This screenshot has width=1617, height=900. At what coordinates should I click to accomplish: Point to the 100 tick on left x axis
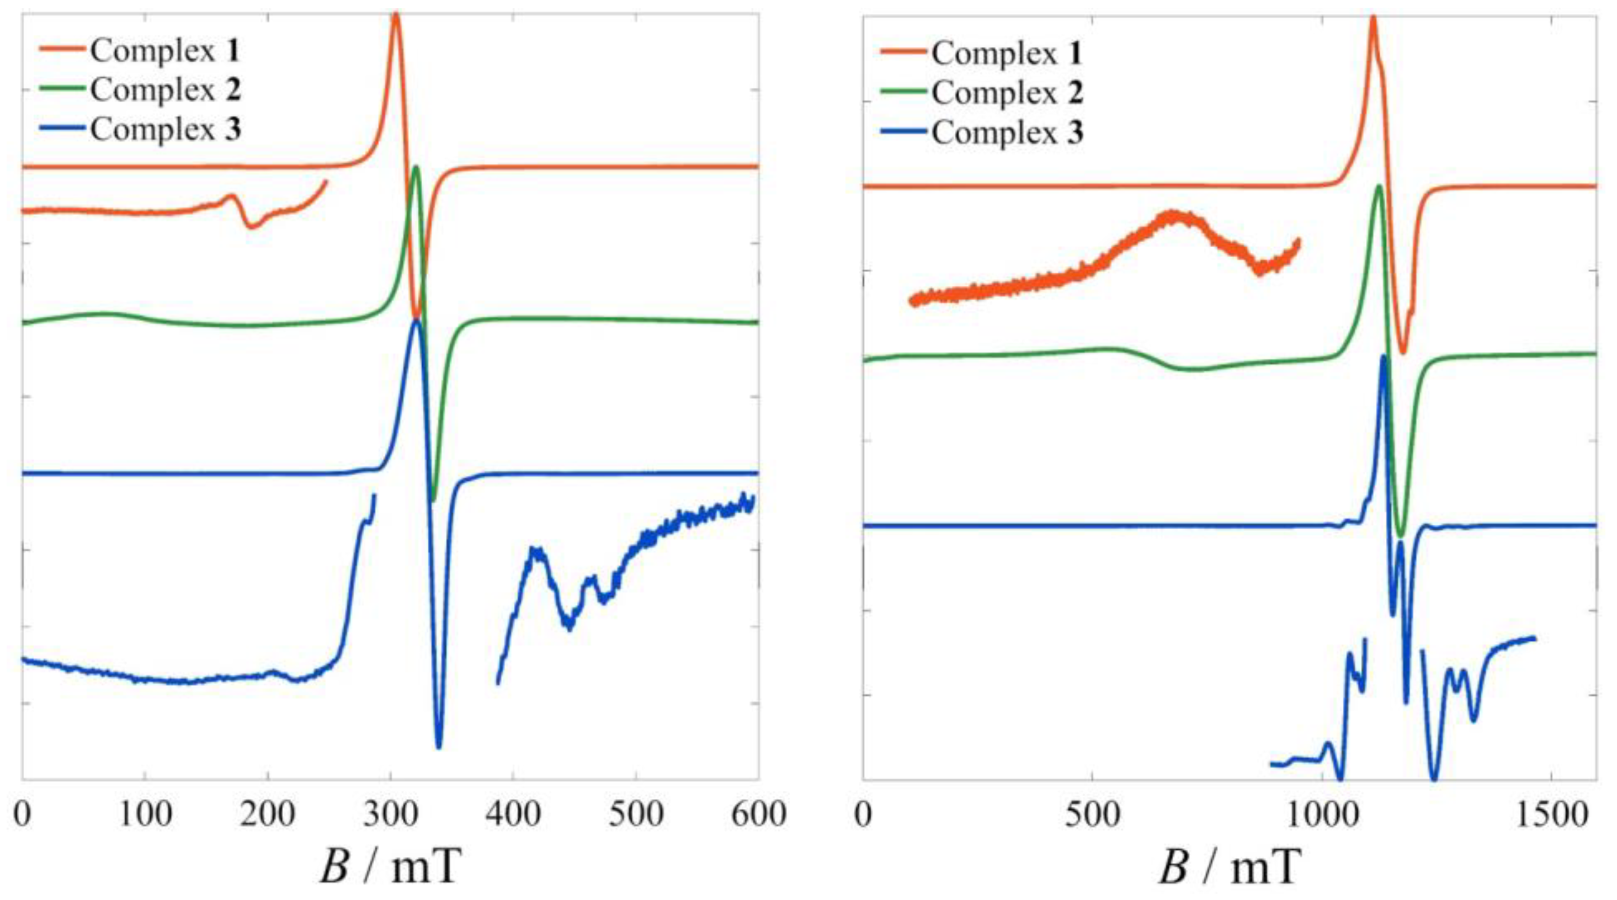145,814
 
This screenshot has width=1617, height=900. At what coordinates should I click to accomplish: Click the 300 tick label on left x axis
391,814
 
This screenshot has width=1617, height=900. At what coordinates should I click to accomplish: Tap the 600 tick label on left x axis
758,814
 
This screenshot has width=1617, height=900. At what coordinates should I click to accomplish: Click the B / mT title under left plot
390,866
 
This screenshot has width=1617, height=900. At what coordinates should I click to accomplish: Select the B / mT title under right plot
1228,866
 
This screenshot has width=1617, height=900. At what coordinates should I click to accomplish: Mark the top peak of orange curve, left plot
396,15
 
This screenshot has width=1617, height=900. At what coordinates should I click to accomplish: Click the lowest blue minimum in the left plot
439,747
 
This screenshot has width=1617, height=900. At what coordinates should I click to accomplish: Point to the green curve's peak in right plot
1379,187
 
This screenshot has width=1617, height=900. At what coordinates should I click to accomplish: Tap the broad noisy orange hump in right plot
1171,216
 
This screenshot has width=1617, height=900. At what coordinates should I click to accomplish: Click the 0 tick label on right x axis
864,814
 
